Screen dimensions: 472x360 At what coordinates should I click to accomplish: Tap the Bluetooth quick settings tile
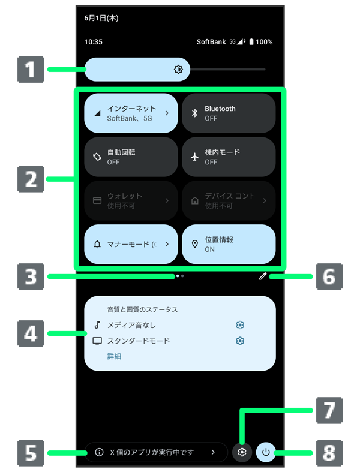pyautogui.click(x=229, y=113)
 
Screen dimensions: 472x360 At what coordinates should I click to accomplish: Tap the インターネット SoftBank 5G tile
pyautogui.click(x=131, y=113)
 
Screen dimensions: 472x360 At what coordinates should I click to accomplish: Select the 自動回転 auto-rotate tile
pyautogui.click(x=131, y=157)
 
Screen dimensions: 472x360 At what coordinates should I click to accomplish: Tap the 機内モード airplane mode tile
pyautogui.click(x=229, y=157)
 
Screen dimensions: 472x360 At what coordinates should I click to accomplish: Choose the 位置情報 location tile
pyautogui.click(x=229, y=244)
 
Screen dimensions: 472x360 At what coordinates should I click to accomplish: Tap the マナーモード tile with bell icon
pyautogui.click(x=131, y=244)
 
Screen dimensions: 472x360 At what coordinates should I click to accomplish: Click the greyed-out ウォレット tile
pyautogui.click(x=131, y=200)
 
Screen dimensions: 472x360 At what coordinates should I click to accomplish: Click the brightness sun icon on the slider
pyautogui.click(x=178, y=70)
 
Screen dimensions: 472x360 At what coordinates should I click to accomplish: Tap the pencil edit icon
pyautogui.click(x=262, y=276)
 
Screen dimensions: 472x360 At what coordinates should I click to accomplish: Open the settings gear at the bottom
pyautogui.click(x=242, y=452)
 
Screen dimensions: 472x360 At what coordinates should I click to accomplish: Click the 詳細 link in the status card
pyautogui.click(x=114, y=356)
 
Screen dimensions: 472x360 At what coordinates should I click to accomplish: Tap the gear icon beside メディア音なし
pyautogui.click(x=240, y=325)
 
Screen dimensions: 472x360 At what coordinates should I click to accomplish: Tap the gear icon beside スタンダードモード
pyautogui.click(x=240, y=341)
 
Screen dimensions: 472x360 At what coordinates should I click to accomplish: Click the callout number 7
pyautogui.click(x=328, y=411)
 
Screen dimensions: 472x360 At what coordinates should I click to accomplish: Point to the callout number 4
pyautogui.click(x=31, y=333)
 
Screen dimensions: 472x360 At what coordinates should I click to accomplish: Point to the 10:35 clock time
pyautogui.click(x=93, y=42)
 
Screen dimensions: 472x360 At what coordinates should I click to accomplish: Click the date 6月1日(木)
pyautogui.click(x=101, y=18)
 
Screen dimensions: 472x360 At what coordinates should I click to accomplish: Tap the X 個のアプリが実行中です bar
pyautogui.click(x=156, y=452)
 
